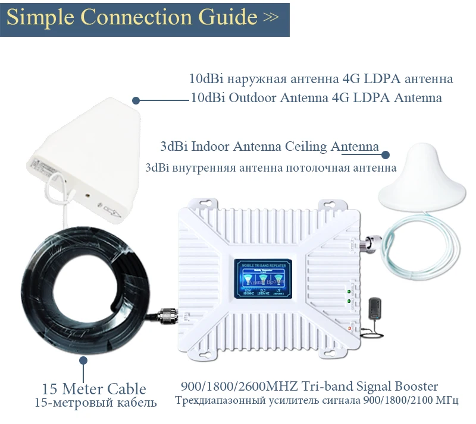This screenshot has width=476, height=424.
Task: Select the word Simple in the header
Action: [x=40, y=17]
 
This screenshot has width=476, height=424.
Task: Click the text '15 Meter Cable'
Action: [x=93, y=390]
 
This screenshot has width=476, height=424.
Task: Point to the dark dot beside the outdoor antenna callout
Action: [x=136, y=100]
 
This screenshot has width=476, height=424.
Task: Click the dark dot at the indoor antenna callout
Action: [x=386, y=154]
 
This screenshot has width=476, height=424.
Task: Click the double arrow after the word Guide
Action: [x=271, y=17]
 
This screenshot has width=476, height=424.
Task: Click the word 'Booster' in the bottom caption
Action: [x=416, y=387]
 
